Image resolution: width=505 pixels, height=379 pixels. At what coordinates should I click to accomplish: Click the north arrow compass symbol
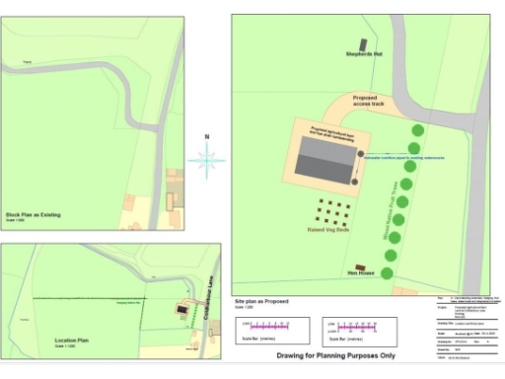(x=207, y=159)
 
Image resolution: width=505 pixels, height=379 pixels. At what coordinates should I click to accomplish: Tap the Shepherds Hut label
(x=363, y=53)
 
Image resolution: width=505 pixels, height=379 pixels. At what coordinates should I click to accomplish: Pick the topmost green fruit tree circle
(x=418, y=129)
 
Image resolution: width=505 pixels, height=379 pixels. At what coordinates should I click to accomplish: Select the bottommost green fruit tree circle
(x=389, y=272)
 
